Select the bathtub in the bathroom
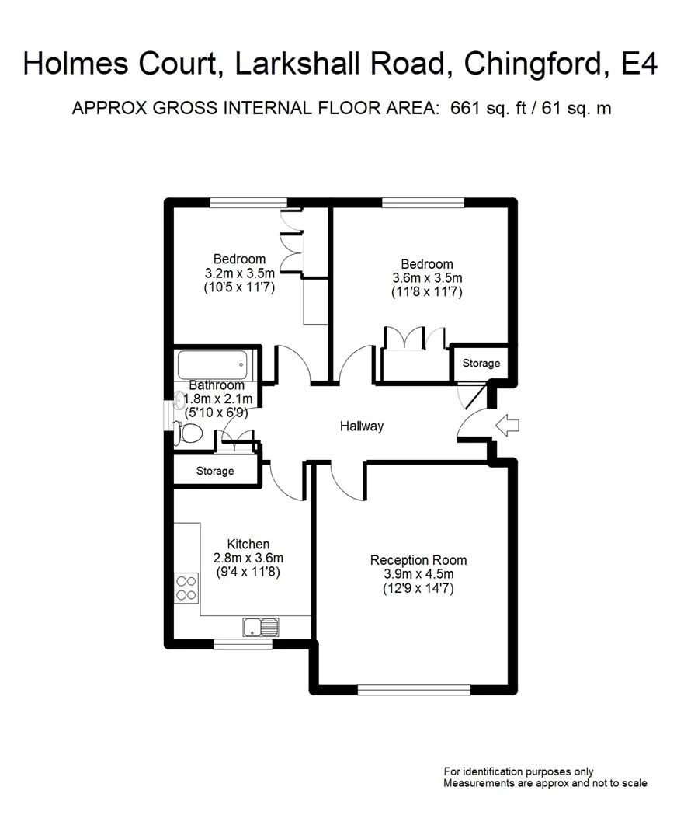[x=213, y=363]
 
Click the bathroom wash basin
[x=180, y=401]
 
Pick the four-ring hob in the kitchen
[x=186, y=587]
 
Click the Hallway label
[x=362, y=426]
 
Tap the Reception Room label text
[x=418, y=560]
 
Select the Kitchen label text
[x=248, y=545]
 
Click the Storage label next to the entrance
[x=481, y=363]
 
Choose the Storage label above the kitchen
[x=215, y=471]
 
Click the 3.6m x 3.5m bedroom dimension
[x=427, y=278]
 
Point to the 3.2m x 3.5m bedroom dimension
[x=240, y=273]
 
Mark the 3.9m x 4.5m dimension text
[x=418, y=574]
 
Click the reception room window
[x=414, y=688]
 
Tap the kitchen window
[x=244, y=643]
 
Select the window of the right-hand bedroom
[x=423, y=204]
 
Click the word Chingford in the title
[x=535, y=64]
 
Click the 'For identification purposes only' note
[x=519, y=771]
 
